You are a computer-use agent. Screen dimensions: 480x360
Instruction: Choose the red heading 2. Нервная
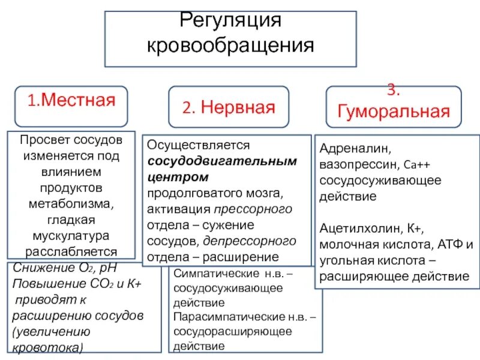pos(229,108)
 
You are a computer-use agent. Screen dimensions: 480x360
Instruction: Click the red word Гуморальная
pos(393,111)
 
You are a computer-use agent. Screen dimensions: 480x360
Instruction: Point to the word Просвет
pos(44,140)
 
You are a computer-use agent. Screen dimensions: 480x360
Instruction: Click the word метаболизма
pos(71,203)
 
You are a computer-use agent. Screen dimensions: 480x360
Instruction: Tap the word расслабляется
pos(71,251)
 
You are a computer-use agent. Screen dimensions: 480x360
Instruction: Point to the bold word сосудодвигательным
pos(223,162)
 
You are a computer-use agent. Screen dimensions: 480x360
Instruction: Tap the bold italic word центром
pos(178,178)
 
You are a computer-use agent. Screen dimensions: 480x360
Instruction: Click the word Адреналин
pos(349,148)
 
